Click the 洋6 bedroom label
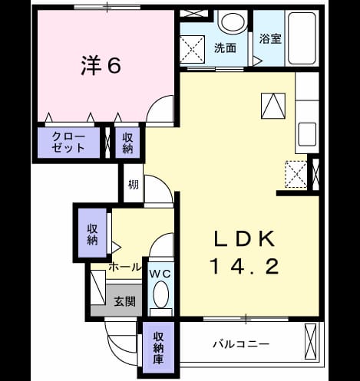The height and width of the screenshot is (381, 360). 101,66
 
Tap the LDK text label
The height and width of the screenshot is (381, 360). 245,238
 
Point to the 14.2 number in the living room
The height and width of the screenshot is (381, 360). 244,266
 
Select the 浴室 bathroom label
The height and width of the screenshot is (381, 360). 270,39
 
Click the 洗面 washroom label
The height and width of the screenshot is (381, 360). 225,48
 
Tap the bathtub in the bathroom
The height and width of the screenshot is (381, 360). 302,38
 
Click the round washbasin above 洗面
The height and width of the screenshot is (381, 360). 233,22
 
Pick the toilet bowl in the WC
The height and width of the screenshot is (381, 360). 160,294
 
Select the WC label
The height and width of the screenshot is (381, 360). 160,274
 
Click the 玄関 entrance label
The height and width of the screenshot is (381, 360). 124,301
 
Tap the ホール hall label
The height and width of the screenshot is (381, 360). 125,268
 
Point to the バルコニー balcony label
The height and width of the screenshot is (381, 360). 241,344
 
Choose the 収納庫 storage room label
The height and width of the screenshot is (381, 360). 158,348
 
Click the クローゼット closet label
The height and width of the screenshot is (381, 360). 68,143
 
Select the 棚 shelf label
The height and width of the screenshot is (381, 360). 134,185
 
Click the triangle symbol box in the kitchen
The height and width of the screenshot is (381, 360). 273,106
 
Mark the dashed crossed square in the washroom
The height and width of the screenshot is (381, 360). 192,49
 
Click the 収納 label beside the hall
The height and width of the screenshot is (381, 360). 92,235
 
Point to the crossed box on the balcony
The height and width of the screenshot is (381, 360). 311,342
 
